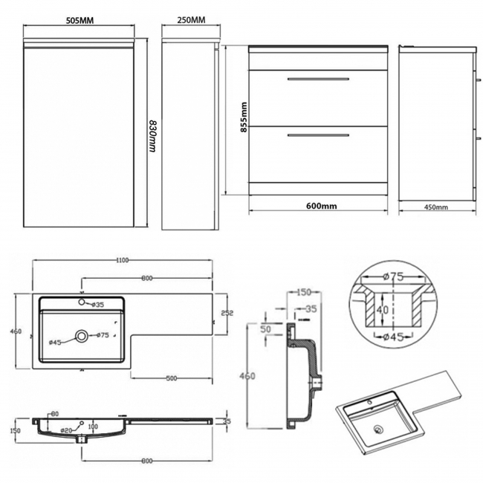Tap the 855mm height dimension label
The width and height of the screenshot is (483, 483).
243,117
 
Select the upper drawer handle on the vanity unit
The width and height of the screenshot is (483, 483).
317,78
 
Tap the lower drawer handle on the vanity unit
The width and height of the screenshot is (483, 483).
317,135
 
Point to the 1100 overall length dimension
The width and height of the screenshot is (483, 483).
123,260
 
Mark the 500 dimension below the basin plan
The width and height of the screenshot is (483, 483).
172,379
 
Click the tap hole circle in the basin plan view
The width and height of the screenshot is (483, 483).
83,303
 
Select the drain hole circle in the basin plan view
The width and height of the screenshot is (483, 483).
82,337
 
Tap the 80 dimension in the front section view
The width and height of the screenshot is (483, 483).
54,415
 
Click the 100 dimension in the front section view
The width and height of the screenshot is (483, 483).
93,427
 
